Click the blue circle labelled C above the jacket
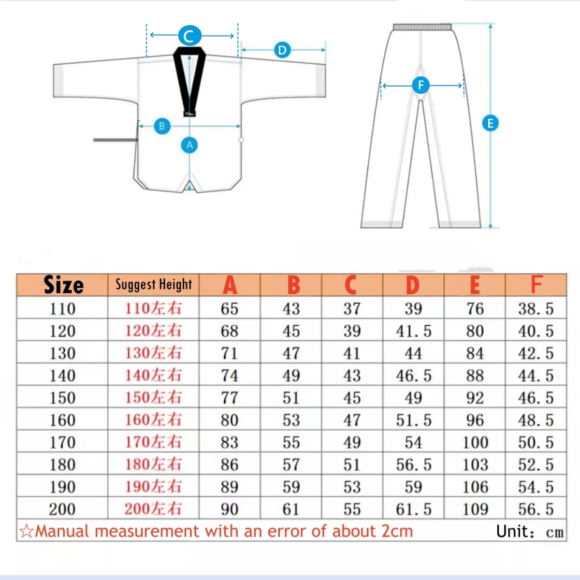[189, 36]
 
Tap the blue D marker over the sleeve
[282, 50]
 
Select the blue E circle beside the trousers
[490, 123]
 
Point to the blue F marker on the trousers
[420, 86]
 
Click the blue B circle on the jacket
[161, 127]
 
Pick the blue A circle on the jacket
[189, 145]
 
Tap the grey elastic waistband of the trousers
[422, 27]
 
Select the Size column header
[63, 285]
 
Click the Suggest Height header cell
[154, 285]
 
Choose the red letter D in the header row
[413, 285]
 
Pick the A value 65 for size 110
[230, 309]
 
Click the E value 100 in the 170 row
[475, 442]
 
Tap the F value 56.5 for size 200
[536, 509]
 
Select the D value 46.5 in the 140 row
[414, 376]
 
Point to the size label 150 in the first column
[63, 398]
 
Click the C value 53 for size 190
[352, 487]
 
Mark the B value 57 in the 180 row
[291, 464]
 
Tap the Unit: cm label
[530, 532]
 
